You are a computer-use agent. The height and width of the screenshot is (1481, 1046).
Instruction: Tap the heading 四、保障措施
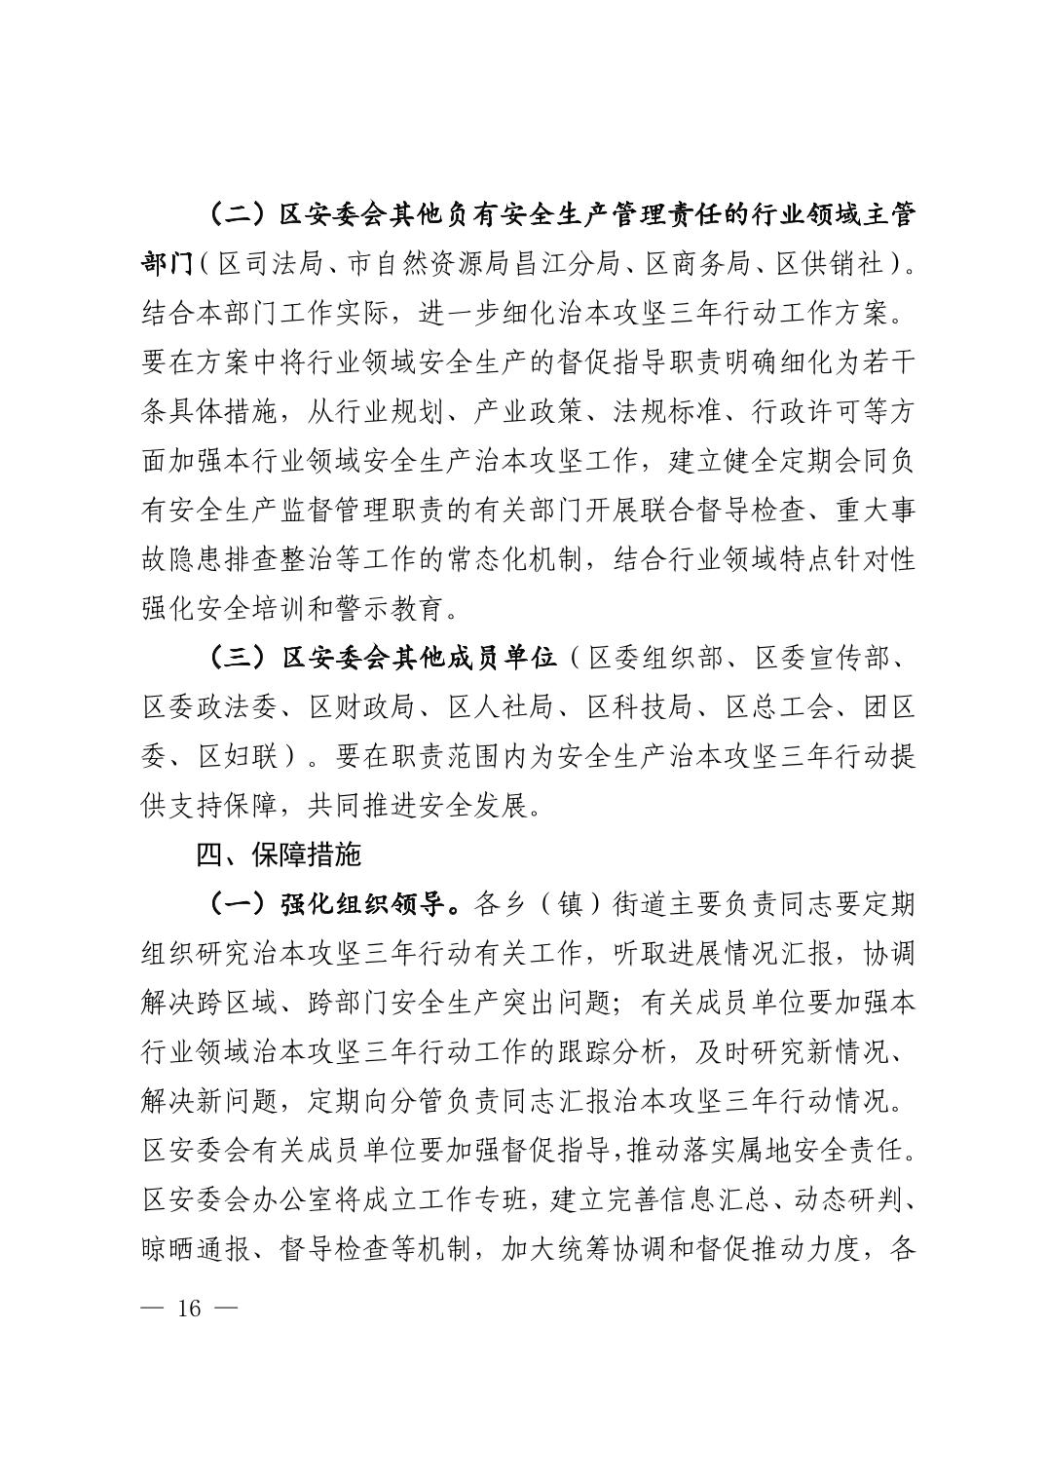tap(279, 854)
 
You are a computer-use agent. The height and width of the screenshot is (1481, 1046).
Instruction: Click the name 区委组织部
tap(656, 658)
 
